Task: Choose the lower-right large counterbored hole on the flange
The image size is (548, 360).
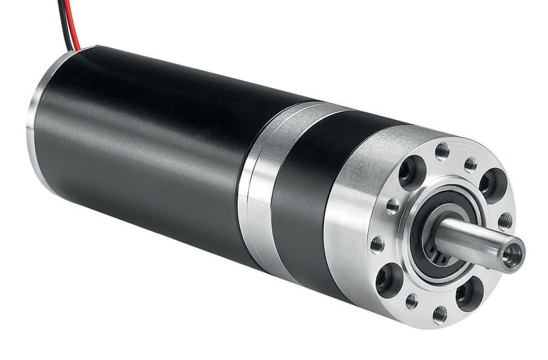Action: [469, 294]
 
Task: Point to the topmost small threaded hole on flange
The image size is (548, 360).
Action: [442, 151]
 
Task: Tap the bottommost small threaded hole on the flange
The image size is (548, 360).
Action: [440, 314]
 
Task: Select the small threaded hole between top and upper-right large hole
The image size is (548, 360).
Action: [471, 165]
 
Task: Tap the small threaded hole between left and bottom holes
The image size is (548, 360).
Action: [411, 301]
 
